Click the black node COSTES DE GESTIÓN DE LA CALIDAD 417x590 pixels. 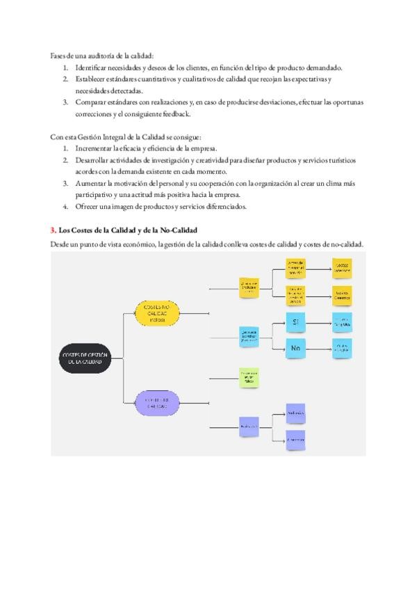pyautogui.click(x=83, y=358)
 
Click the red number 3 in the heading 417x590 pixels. pyautogui.click(x=54, y=230)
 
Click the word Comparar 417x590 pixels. pyautogui.click(x=91, y=102)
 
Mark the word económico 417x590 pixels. pyautogui.click(x=136, y=244)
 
